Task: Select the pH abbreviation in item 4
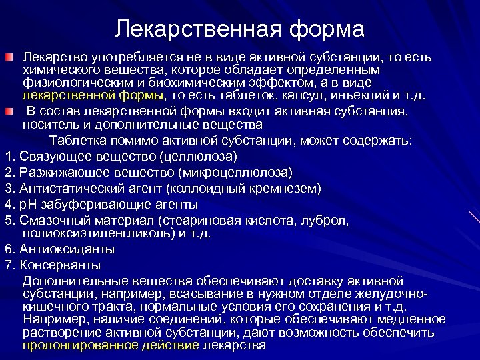28,204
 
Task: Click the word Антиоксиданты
67,249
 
